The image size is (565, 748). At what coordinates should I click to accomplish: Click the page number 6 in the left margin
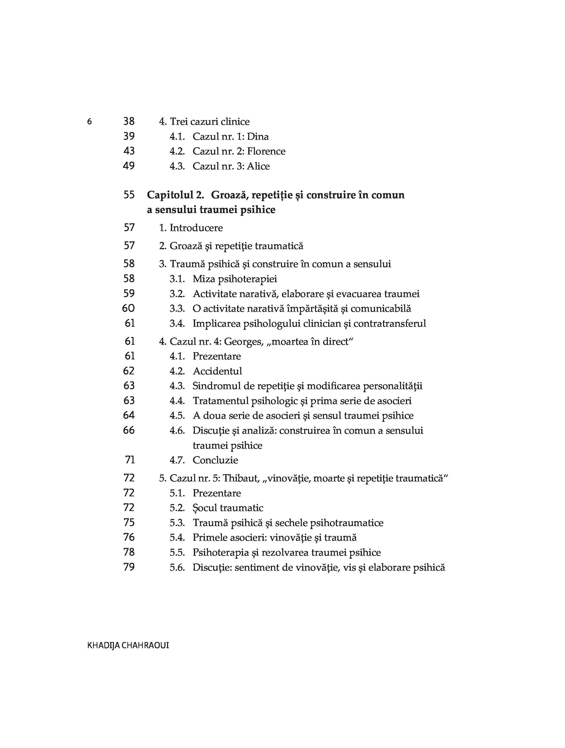89,121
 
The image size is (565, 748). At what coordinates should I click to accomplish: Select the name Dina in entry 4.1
258,137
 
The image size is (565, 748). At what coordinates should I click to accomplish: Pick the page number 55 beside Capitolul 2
129,195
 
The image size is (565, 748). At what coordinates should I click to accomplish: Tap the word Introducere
196,228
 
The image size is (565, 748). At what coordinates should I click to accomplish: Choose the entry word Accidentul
217,371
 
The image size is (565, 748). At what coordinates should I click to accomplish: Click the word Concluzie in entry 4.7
215,460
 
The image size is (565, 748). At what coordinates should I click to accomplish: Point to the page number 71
130,460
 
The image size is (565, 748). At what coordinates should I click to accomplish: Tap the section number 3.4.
177,324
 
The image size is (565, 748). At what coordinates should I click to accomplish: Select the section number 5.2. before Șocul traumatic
177,508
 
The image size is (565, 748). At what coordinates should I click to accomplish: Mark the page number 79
129,567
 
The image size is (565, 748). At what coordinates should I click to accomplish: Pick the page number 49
129,166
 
